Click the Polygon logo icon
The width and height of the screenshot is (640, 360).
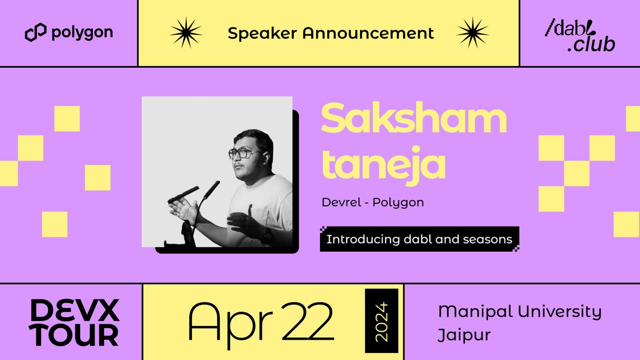click(36, 33)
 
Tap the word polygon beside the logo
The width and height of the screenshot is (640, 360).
click(82, 33)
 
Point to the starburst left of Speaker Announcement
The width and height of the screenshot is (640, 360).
click(187, 33)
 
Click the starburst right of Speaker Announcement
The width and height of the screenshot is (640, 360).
click(473, 33)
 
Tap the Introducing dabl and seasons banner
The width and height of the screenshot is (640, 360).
click(419, 239)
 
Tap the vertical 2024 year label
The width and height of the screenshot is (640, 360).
click(381, 321)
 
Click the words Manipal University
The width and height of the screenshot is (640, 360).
click(519, 311)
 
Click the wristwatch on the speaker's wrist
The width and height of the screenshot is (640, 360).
click(266, 234)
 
